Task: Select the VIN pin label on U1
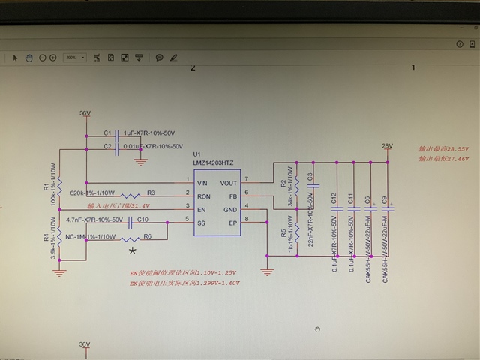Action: (202, 182)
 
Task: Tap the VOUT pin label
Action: (229, 182)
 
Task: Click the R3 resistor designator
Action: (151, 192)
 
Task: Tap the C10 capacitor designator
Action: (142, 220)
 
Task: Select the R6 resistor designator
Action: (147, 236)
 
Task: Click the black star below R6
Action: (133, 250)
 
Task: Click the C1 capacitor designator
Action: (107, 133)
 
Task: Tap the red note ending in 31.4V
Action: (118, 206)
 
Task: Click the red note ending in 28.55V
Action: (443, 149)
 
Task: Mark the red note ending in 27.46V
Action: (443, 159)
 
